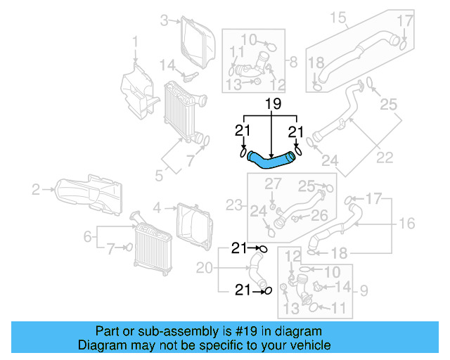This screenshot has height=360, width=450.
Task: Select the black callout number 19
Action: [272, 105]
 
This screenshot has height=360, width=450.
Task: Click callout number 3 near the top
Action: [164, 21]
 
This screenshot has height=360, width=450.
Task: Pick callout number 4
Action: [158, 207]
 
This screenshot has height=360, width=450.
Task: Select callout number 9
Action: [364, 289]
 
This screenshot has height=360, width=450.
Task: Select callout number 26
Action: [319, 215]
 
